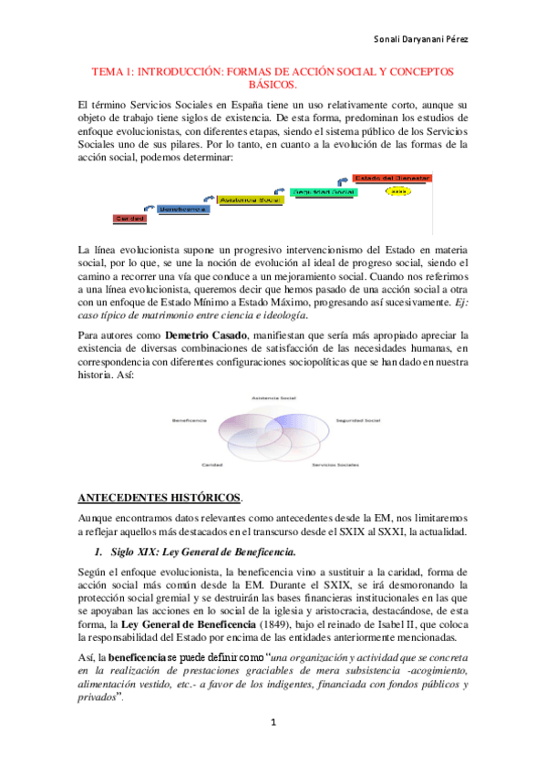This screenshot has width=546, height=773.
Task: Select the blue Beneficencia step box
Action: click(x=182, y=209)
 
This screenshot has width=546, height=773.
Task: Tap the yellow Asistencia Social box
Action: click(x=248, y=199)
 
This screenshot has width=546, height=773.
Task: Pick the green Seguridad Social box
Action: click(x=322, y=192)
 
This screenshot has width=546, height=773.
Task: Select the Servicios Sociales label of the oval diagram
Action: click(x=334, y=463)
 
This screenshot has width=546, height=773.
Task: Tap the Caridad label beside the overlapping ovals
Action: click(x=212, y=463)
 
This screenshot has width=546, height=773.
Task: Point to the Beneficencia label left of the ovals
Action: click(x=189, y=419)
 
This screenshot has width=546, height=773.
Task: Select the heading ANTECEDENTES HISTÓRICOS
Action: click(x=160, y=498)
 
